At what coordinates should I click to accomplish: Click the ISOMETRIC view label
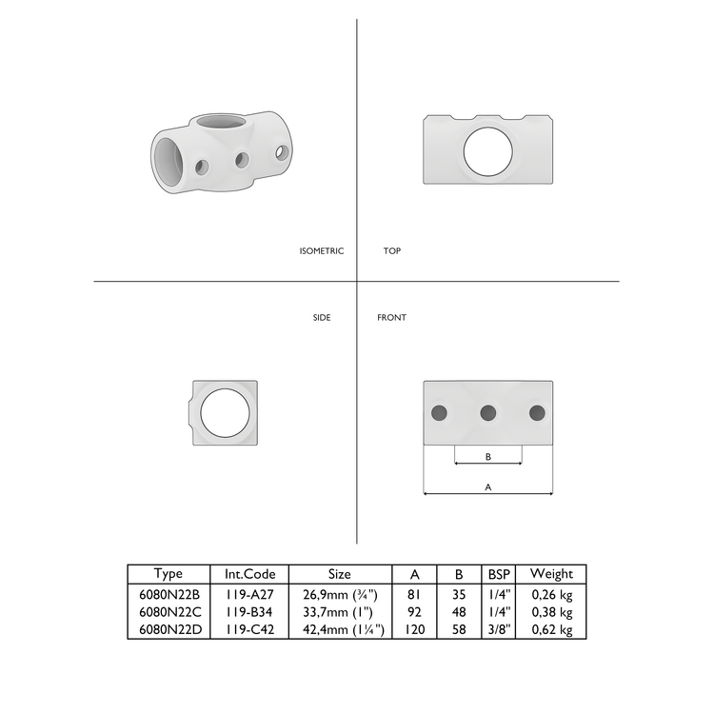(x=321, y=251)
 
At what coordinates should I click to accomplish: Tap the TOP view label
(x=391, y=251)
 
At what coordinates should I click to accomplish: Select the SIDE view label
(x=322, y=317)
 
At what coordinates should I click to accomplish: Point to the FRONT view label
(x=391, y=317)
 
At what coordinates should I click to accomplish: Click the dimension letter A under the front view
(x=488, y=486)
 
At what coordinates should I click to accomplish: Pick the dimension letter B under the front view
(x=488, y=457)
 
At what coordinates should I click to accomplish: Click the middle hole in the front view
(x=488, y=412)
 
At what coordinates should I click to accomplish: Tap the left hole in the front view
(x=439, y=412)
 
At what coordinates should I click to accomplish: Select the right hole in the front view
(x=537, y=412)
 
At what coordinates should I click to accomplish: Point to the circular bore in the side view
(x=225, y=412)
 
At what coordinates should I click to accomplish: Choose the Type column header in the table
(x=168, y=574)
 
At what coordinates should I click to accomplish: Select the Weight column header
(x=551, y=574)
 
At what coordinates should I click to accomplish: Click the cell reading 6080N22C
(x=168, y=612)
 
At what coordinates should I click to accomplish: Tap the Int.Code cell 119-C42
(x=249, y=629)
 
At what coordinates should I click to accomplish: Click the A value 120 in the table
(x=415, y=629)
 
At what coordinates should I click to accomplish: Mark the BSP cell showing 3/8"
(x=499, y=629)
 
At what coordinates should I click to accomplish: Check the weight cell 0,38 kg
(x=551, y=612)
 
